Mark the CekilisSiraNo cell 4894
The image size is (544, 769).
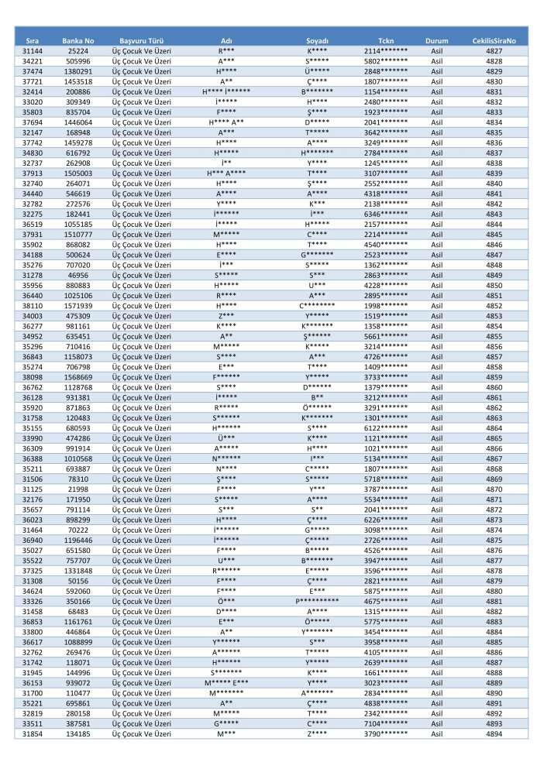tap(494, 733)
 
